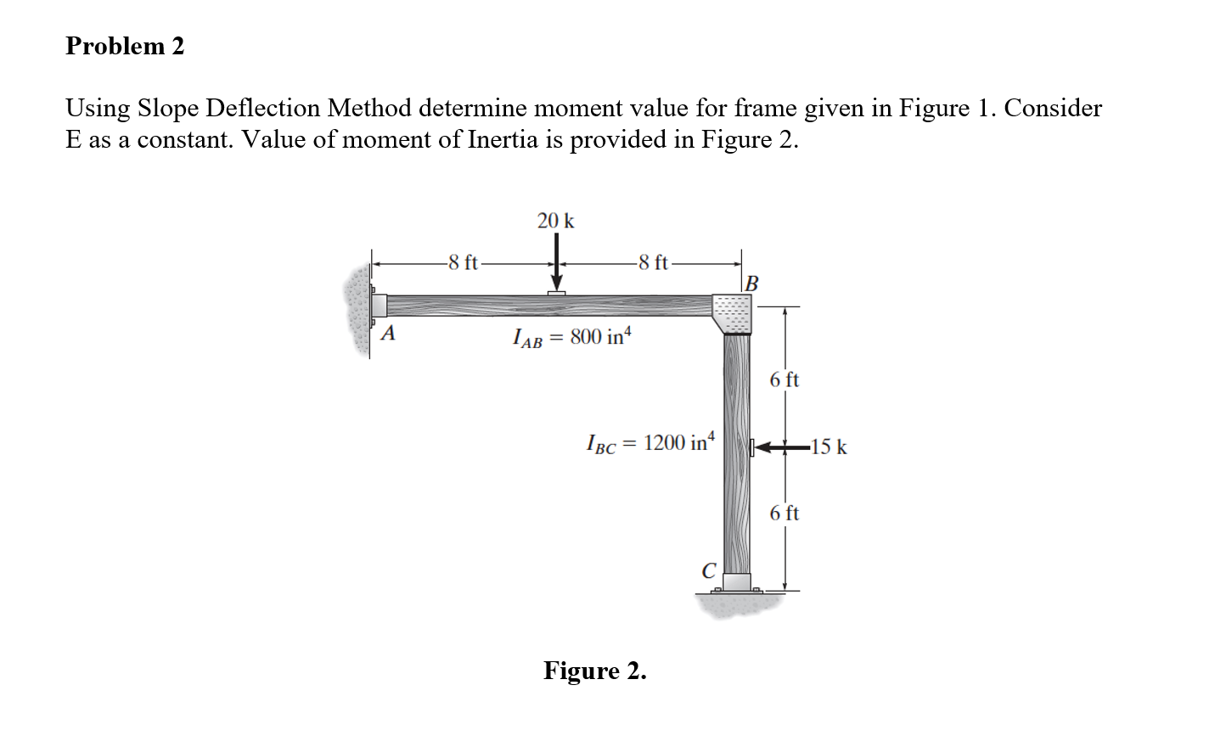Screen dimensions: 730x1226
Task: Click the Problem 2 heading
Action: [x=125, y=46]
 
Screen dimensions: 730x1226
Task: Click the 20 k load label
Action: [x=555, y=221]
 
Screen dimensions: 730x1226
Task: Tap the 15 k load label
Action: [x=829, y=446]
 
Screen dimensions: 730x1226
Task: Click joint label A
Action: [x=389, y=333]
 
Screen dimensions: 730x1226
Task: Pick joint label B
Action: [x=751, y=283]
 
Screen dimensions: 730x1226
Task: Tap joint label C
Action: [x=708, y=570]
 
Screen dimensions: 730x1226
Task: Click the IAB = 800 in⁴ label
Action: [x=572, y=337]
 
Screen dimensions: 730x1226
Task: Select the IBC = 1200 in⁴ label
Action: [x=651, y=443]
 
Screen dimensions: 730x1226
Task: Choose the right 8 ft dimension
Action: [x=653, y=262]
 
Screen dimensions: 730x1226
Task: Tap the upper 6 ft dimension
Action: [x=785, y=379]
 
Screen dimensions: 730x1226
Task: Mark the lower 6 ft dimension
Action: [x=785, y=513]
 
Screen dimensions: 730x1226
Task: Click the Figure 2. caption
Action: [x=595, y=671]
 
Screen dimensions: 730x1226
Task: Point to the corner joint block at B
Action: [x=732, y=314]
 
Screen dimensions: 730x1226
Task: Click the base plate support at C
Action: [x=736, y=582]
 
